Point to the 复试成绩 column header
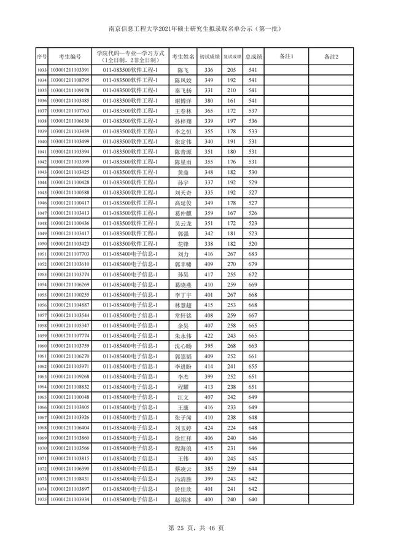(x=232, y=57)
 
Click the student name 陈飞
(x=183, y=70)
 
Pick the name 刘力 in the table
(x=183, y=254)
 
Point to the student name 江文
(x=183, y=397)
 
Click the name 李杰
(x=183, y=377)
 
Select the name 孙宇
(x=183, y=182)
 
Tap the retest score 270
(x=232, y=264)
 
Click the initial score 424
(x=208, y=428)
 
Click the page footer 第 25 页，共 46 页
(x=196, y=528)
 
